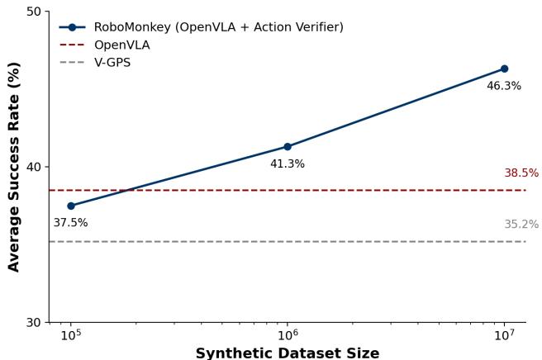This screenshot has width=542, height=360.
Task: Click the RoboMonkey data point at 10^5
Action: tap(71, 206)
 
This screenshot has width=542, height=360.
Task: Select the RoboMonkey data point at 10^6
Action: tap(288, 147)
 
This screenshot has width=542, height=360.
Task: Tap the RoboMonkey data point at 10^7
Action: tap(504, 69)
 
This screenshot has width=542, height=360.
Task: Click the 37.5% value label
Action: tap(70, 223)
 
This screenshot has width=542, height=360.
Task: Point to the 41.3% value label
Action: tap(288, 164)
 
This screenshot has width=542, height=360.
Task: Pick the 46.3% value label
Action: tap(504, 86)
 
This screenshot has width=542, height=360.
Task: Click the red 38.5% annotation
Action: tap(521, 173)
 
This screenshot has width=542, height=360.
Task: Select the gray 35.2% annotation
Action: tap(521, 225)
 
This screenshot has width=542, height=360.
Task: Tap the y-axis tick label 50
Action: tap(34, 12)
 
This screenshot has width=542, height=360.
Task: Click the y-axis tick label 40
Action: tap(34, 167)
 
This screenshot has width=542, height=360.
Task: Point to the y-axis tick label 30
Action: tap(34, 322)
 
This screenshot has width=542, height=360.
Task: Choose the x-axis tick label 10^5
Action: tap(70, 336)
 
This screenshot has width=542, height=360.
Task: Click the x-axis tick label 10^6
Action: tap(288, 336)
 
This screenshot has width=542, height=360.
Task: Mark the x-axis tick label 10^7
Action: tap(504, 336)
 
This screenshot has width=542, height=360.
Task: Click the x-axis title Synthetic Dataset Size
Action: tap(288, 353)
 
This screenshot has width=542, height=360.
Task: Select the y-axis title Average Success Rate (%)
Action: tap(14, 167)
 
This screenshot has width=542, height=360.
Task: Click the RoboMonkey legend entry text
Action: tap(218, 27)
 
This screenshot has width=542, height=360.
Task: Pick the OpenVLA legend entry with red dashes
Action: tap(121, 45)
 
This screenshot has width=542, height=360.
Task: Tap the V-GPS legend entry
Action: tap(112, 63)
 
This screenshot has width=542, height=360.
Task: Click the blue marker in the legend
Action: tap(72, 27)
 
